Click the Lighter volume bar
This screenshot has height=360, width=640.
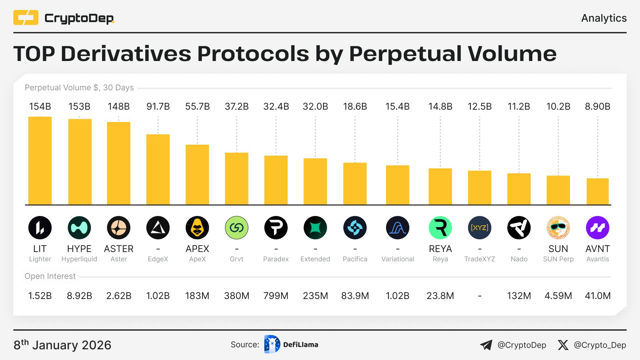point(40,161)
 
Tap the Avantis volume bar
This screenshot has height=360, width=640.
point(598,191)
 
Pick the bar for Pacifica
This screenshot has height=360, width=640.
point(355,184)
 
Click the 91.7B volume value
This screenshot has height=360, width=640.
point(158,107)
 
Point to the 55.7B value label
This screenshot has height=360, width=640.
point(197,107)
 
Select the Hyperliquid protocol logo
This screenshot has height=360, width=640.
point(79,228)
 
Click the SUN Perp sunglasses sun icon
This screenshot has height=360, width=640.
point(558,228)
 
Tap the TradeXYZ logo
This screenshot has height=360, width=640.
point(480,228)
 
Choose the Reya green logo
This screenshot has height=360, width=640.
point(440,228)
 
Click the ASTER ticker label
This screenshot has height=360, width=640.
point(119,249)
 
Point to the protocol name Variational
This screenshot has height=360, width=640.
point(398,259)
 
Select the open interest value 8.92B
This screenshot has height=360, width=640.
point(79,296)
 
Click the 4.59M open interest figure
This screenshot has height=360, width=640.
point(558,296)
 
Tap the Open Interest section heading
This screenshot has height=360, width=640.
point(50,276)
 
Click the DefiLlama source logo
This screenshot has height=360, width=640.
point(272,344)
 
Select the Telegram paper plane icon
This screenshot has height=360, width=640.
point(486,345)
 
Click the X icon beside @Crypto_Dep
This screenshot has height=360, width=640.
point(563,345)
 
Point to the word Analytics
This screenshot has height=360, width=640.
point(604,18)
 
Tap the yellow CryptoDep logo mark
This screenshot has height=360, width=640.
point(26,18)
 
